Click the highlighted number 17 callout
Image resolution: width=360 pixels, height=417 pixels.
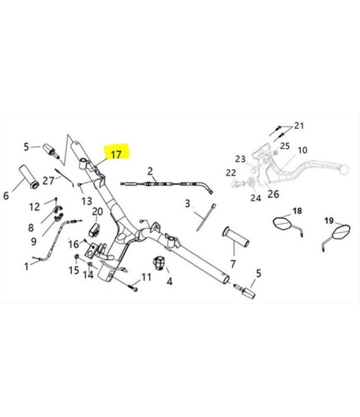116,155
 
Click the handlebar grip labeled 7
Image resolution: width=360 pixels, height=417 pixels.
236,237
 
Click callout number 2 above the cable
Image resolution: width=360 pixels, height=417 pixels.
150,171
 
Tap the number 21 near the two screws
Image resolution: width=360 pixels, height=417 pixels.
299,126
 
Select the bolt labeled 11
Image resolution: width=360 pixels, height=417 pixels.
133,287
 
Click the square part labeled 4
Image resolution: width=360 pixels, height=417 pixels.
159,263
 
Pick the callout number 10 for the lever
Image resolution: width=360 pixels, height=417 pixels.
303,150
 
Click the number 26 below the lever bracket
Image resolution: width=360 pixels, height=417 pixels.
273,194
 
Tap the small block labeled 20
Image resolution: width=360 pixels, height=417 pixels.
94,231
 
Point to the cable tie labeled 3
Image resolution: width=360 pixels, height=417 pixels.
206,217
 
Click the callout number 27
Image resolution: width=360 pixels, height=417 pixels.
48,181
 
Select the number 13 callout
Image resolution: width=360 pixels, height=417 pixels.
87,201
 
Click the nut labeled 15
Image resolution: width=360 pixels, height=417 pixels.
76,257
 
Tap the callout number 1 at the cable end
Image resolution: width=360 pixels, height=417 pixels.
27,267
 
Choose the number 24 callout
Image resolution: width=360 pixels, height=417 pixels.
256,198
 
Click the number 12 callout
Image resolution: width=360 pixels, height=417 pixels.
35,207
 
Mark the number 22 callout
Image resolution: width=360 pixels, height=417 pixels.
231,173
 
